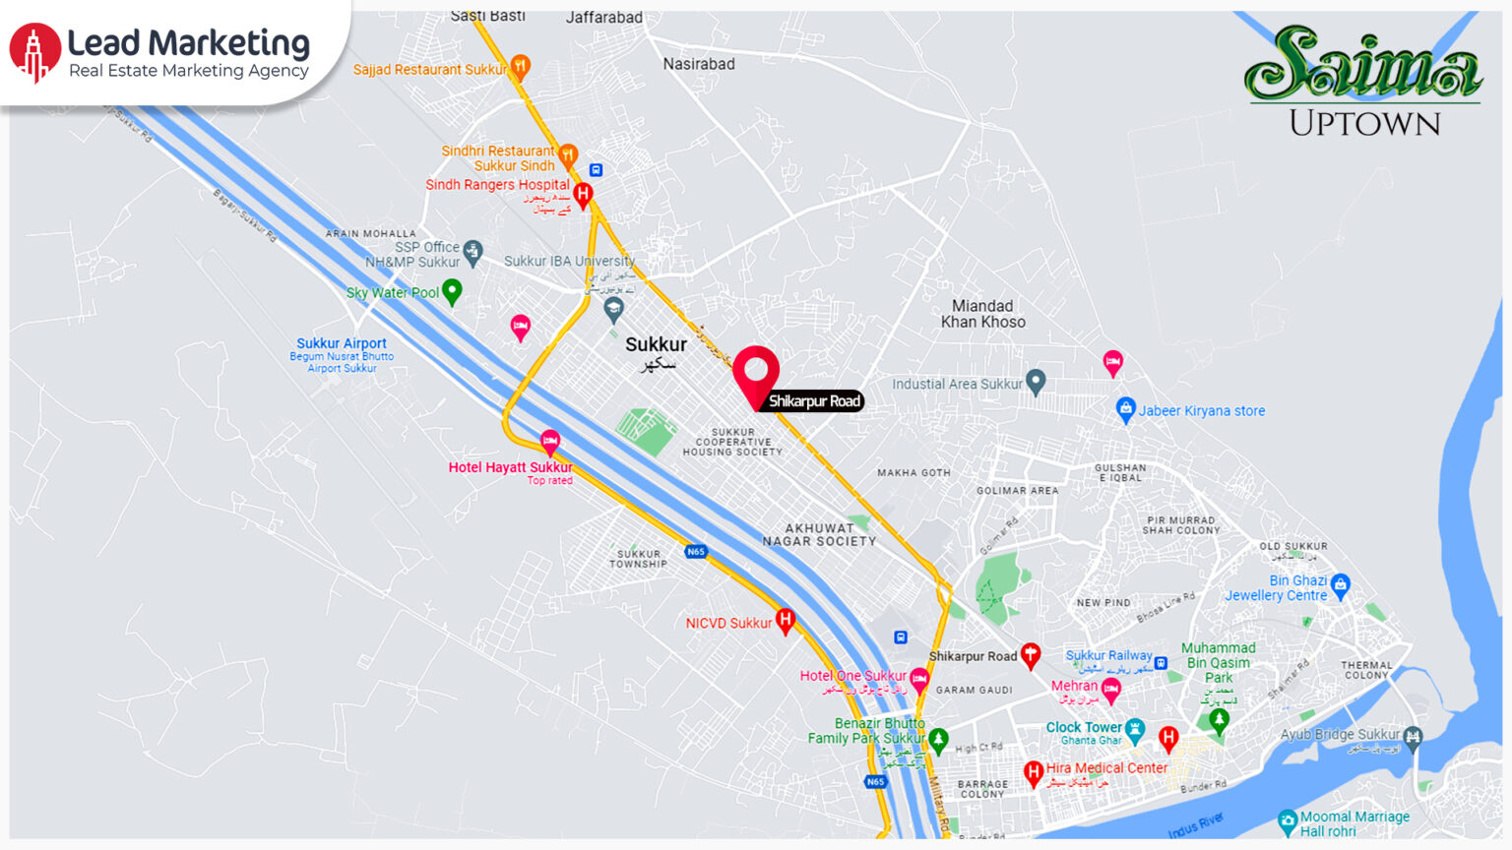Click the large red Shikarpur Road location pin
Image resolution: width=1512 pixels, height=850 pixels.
click(x=756, y=373)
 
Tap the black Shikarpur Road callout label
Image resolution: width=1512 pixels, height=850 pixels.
click(x=814, y=400)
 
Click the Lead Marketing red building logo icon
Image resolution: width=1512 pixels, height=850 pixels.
click(x=34, y=52)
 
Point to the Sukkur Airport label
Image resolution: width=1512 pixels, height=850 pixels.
click(x=342, y=343)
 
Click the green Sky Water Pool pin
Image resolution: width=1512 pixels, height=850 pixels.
click(x=452, y=291)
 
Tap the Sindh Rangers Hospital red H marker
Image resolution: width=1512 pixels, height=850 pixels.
click(x=583, y=194)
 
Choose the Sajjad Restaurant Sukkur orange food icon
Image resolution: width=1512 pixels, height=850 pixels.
click(x=520, y=67)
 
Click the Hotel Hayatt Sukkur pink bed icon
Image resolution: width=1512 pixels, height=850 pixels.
click(x=550, y=441)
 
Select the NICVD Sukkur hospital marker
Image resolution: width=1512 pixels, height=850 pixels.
click(x=786, y=621)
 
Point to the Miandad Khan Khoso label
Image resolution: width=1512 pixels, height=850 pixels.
click(x=982, y=314)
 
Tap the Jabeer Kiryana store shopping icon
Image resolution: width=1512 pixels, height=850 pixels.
click(x=1125, y=409)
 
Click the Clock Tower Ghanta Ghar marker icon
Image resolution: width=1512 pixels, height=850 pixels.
click(x=1135, y=730)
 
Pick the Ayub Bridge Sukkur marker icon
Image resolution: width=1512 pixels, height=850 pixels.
click(x=1414, y=737)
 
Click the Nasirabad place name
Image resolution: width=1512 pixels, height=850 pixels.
click(x=699, y=64)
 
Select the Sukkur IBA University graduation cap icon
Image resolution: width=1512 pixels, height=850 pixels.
click(x=613, y=309)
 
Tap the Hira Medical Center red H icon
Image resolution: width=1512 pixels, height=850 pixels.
click(x=1033, y=773)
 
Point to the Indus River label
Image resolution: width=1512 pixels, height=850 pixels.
click(x=1197, y=823)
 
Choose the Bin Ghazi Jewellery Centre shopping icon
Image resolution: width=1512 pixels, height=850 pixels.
click(x=1340, y=585)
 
